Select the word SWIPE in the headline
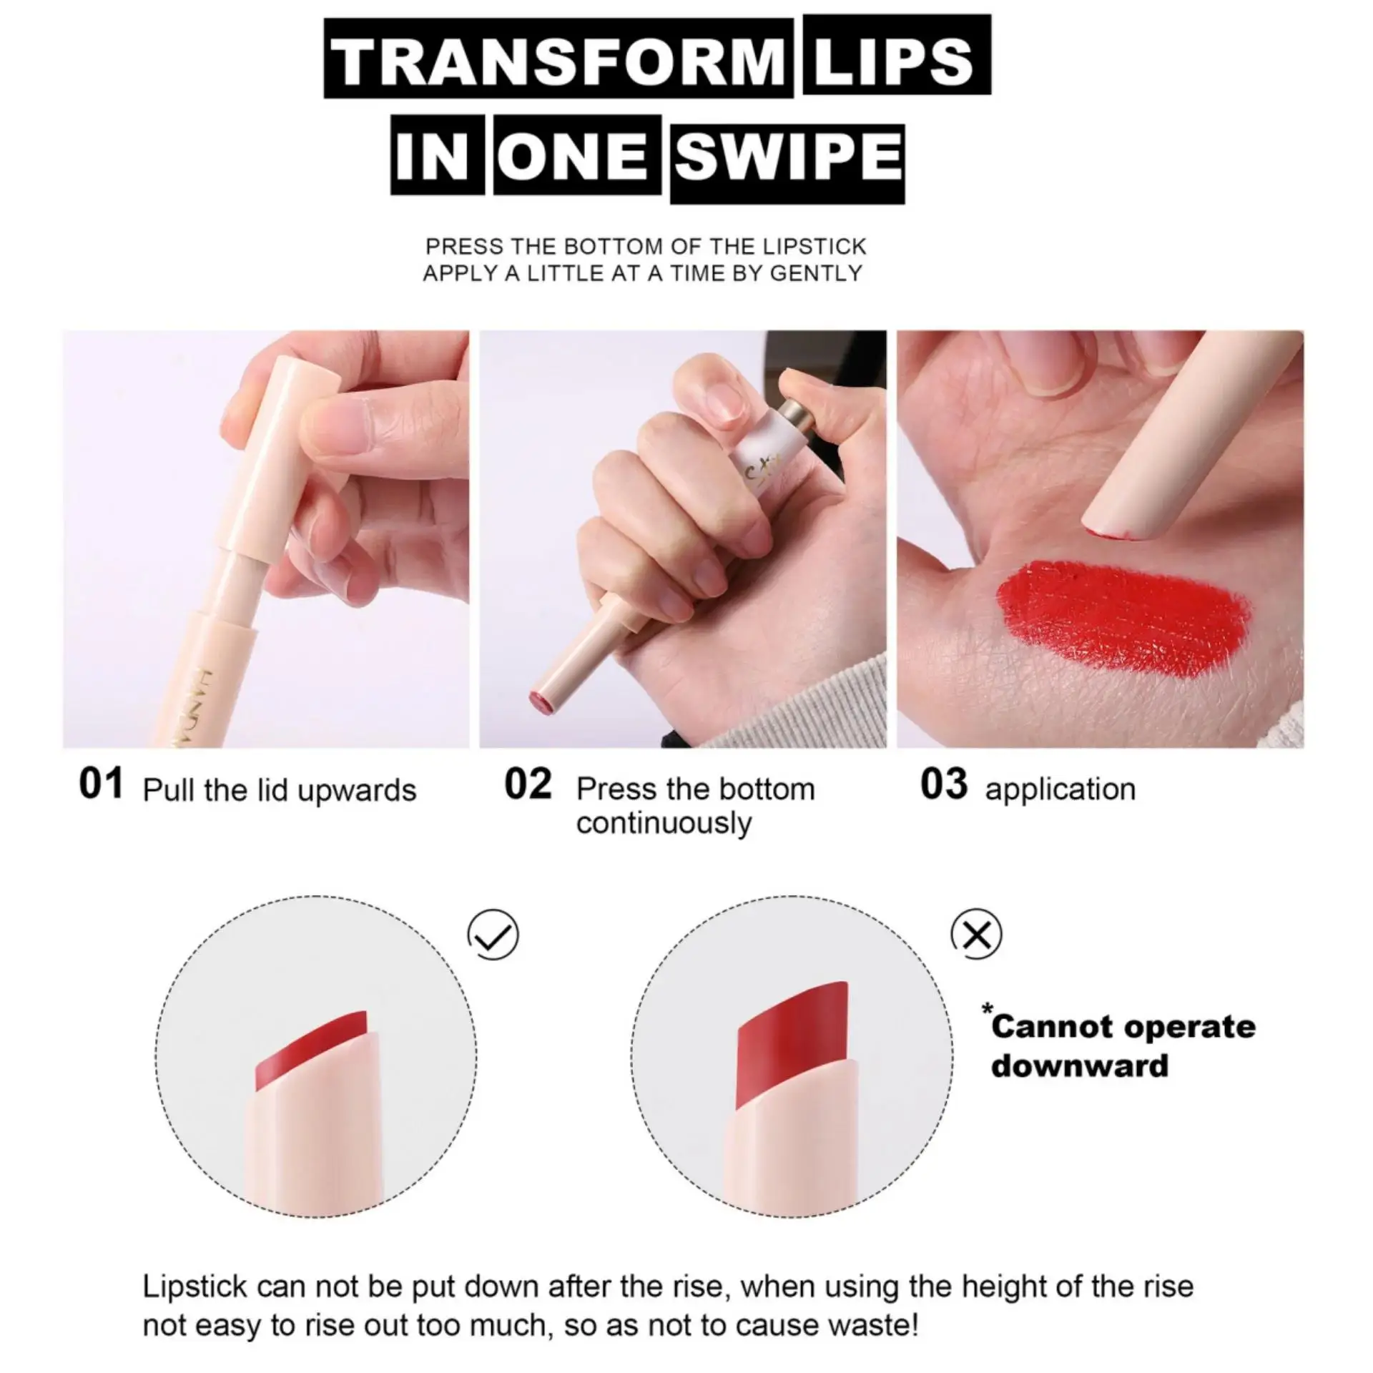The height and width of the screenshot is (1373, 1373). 787,158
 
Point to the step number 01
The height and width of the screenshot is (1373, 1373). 101,784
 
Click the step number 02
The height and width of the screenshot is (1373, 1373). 528,784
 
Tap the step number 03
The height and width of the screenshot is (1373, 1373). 943,784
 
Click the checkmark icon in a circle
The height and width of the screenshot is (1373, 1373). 493,935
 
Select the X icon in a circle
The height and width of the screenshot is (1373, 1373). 977,934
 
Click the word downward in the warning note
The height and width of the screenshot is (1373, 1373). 1080,1066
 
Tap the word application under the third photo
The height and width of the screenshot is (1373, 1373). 1060,789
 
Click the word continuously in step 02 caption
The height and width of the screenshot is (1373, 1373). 664,823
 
